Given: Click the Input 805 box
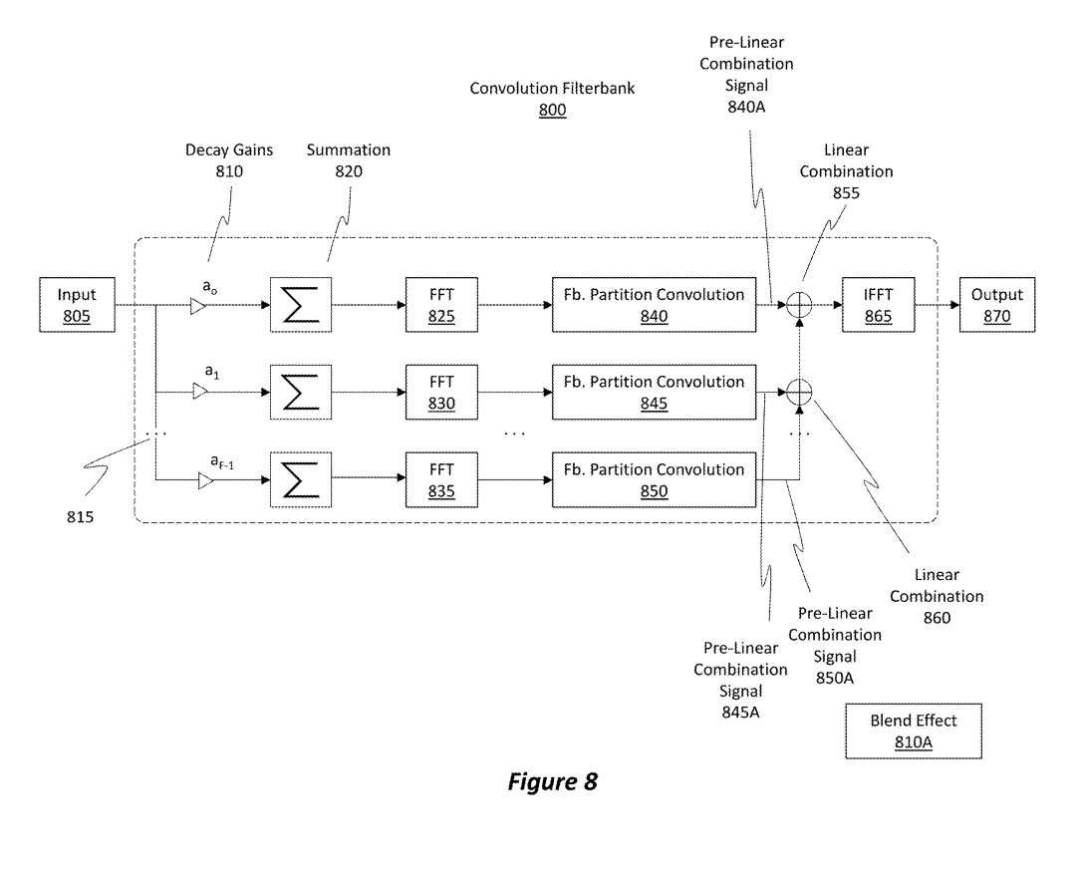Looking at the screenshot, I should (x=77, y=305).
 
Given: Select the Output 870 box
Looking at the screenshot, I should (x=997, y=305).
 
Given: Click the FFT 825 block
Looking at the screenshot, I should (x=441, y=305).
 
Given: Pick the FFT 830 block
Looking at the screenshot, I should (x=441, y=393).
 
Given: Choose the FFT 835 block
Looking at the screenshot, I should (x=441, y=480).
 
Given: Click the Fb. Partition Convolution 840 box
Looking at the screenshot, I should (x=654, y=305).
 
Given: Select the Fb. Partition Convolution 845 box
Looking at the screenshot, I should (x=654, y=393).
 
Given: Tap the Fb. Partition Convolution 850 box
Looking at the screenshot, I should (x=654, y=480).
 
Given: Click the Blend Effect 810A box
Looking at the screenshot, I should (x=913, y=731).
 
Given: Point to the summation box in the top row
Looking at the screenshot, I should (x=300, y=305).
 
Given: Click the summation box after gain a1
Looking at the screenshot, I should (x=300, y=393).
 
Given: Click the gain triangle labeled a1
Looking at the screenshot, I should (x=200, y=393).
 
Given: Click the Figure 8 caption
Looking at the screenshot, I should (x=552, y=782).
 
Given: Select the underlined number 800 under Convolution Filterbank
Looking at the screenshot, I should (x=552, y=111).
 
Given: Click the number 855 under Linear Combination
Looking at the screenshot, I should (x=846, y=193).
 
